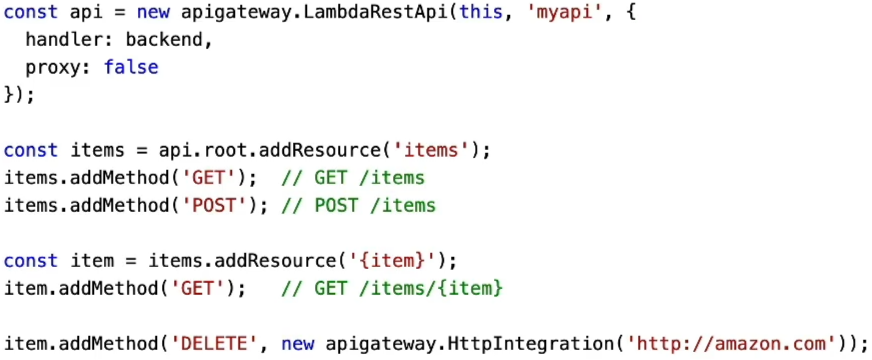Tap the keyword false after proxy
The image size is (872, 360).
[x=131, y=67]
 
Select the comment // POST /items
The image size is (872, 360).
[x=359, y=205]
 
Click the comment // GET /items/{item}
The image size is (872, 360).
[x=392, y=288]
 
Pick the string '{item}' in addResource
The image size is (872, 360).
[x=398, y=260]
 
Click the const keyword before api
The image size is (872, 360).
[x=31, y=12]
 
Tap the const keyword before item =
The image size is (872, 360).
[x=31, y=260]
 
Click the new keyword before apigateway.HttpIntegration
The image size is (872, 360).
[x=298, y=344]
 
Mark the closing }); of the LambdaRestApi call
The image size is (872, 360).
[x=19, y=95]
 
